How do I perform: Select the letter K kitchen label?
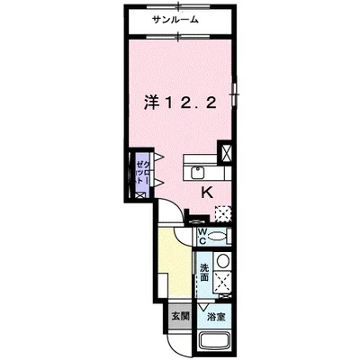206,191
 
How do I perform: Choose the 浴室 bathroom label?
215,318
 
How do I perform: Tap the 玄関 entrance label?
180,317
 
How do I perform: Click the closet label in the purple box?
141,171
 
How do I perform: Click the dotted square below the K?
221,212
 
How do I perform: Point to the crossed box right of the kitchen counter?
225,152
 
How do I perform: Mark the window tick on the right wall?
235,90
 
